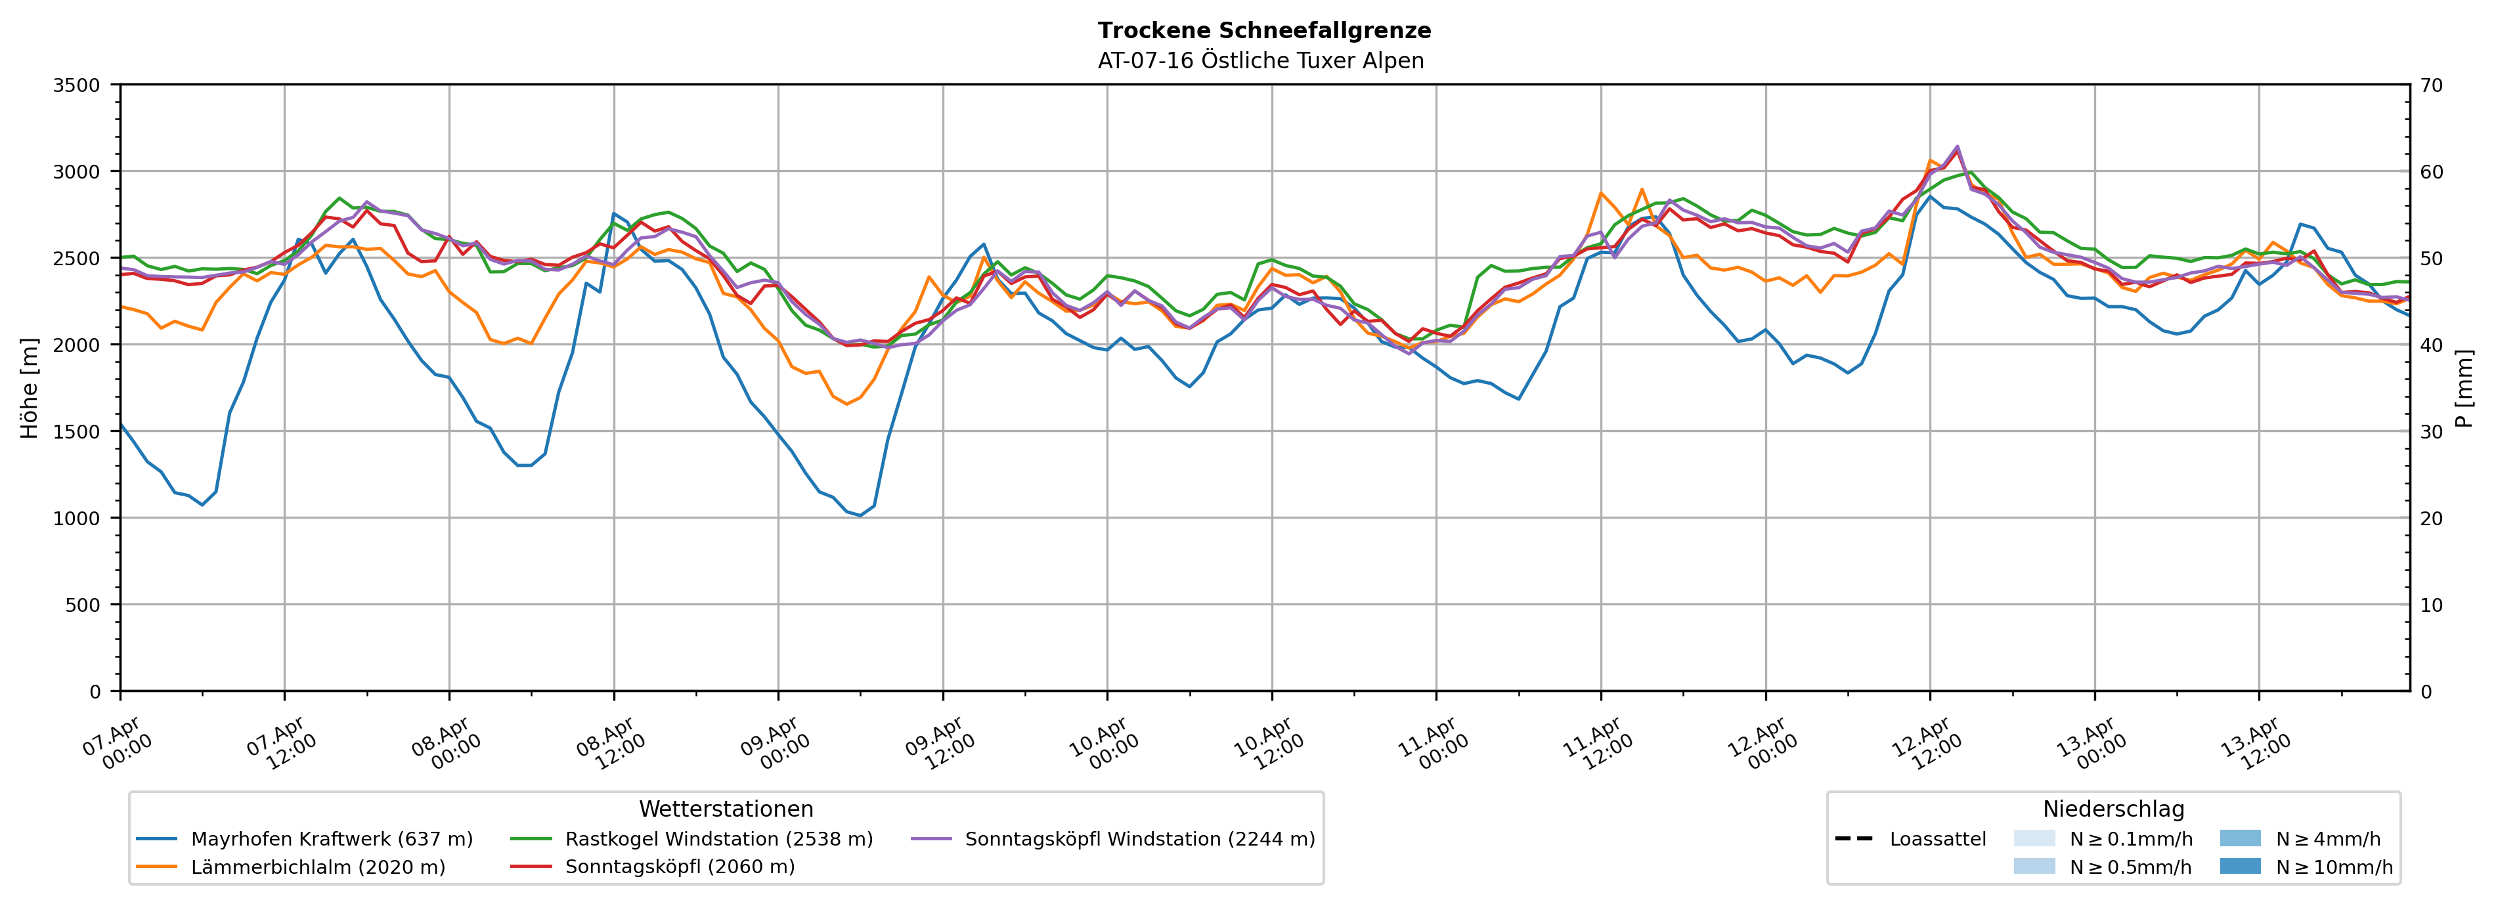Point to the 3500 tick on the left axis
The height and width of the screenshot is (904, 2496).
[77, 85]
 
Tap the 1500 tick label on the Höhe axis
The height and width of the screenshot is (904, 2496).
[77, 432]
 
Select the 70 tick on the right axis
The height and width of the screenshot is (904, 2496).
[2431, 85]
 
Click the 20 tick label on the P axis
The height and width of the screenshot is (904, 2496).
[2431, 519]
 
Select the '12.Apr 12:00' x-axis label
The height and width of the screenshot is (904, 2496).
[1927, 744]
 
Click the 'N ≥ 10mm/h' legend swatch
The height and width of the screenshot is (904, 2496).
[2239, 866]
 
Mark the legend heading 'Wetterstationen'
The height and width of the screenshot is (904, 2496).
[726, 809]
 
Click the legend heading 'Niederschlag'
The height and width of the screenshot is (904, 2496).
[2113, 809]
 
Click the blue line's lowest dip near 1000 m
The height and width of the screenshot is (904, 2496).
[860, 515]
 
